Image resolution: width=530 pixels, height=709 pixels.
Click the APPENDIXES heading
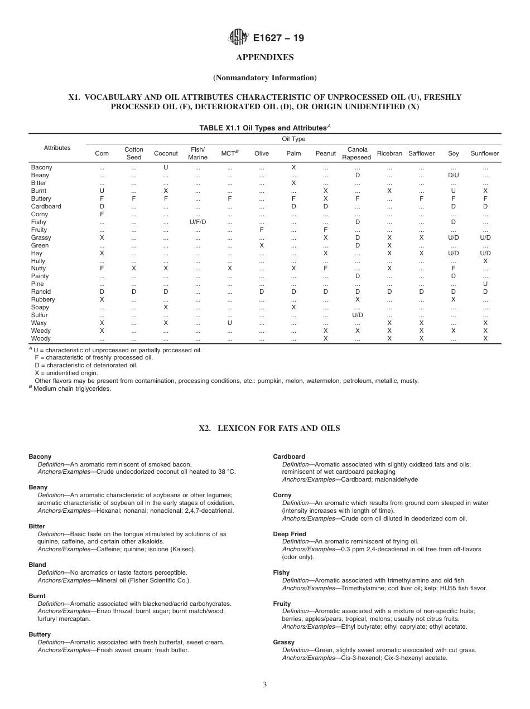coord(265,57)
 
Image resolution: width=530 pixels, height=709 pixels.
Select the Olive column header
coord(261,153)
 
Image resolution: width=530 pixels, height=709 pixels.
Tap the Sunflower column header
coord(484,153)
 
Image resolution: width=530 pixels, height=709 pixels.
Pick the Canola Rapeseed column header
coord(357,153)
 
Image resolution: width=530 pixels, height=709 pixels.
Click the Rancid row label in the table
coord(41,292)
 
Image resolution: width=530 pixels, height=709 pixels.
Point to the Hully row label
coord(38,261)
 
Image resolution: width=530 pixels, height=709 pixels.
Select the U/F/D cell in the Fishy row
coord(197,222)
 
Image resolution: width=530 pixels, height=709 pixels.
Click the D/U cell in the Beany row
coord(453,175)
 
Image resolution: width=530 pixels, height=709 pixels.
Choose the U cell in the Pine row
coord(485,284)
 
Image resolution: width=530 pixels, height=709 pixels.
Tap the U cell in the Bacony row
coord(166,167)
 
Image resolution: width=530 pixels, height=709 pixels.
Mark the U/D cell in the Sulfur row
coord(357,315)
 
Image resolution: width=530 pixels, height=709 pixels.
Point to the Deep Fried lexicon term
coord(290,534)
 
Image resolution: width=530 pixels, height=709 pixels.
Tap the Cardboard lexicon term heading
coord(289,457)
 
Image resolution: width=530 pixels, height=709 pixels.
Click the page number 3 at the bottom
coord(265,685)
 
